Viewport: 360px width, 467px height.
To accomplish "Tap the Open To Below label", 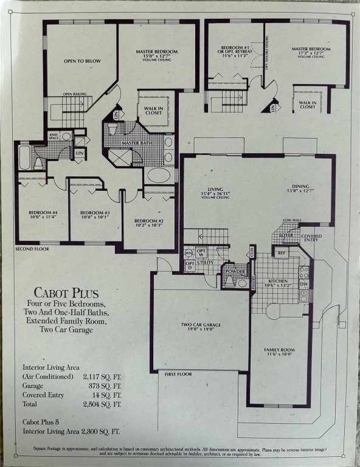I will click(x=81, y=61).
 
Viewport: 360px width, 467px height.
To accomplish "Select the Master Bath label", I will click(x=136, y=143).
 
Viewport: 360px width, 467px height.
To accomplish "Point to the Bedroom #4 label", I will click(x=43, y=213).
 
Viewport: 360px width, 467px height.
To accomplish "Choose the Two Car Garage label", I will click(x=201, y=325).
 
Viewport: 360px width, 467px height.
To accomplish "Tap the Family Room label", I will click(x=279, y=350).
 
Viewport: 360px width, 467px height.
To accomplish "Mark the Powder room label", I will click(x=236, y=271).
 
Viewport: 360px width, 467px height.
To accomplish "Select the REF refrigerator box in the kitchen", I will click(x=282, y=252).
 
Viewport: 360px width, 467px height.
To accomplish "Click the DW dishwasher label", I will click(x=304, y=284).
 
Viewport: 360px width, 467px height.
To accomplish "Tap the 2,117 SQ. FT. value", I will click(x=102, y=376).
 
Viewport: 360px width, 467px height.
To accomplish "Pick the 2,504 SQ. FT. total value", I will click(x=102, y=404).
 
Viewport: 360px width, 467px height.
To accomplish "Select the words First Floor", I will click(x=178, y=374).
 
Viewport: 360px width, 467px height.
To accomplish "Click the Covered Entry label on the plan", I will click(x=311, y=238).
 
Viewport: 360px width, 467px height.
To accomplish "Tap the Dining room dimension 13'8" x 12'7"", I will click(x=300, y=191).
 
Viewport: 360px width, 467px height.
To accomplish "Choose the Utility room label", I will click(x=204, y=262).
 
